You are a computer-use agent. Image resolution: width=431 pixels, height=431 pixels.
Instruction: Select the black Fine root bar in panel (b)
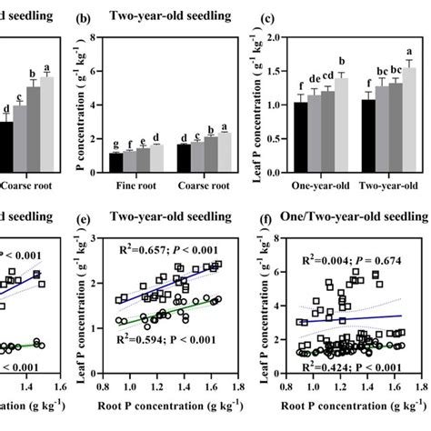tap(115, 163)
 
